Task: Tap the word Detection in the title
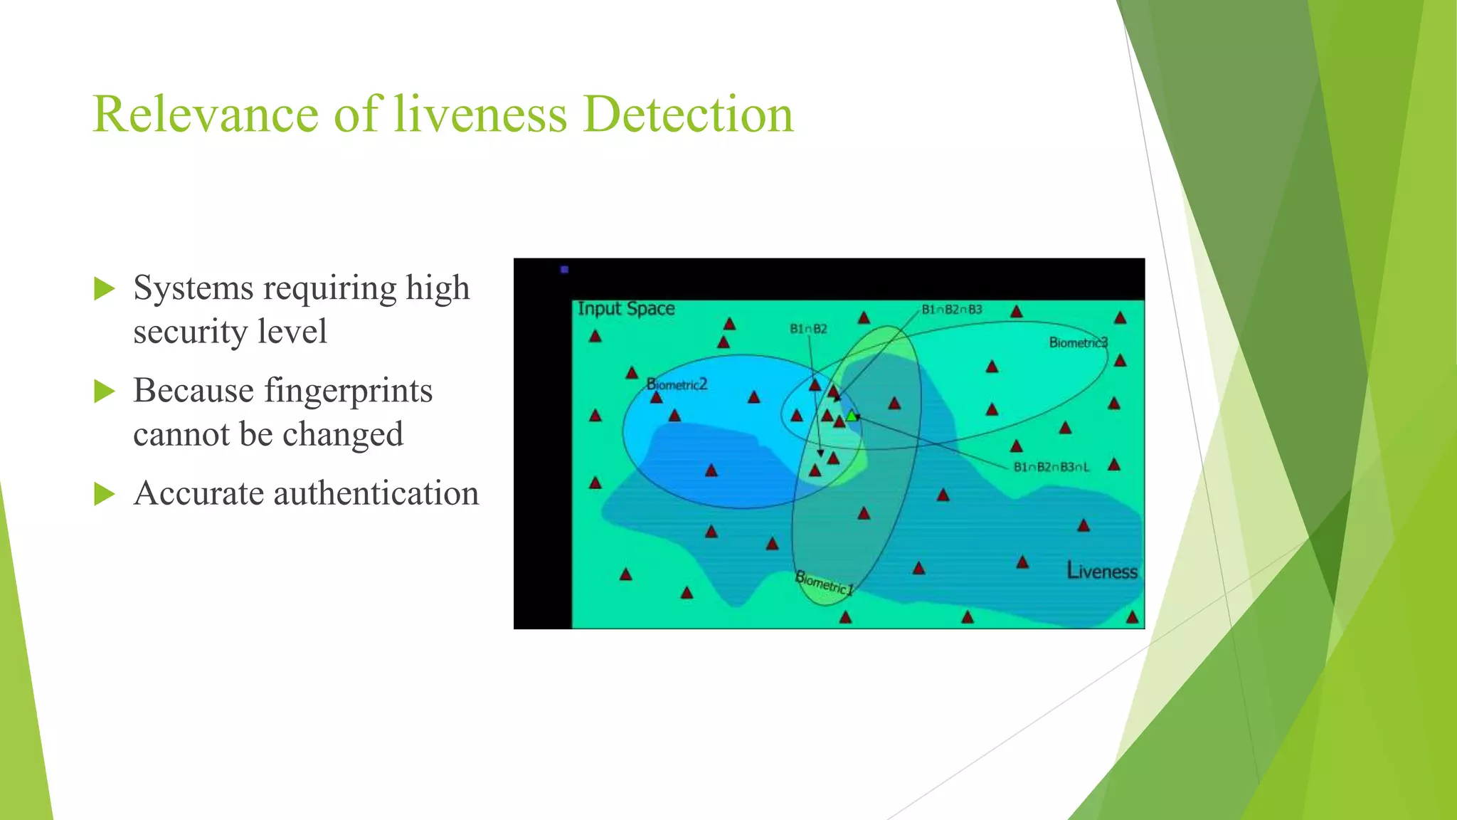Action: pyautogui.click(x=687, y=114)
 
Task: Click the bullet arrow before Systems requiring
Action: pyautogui.click(x=104, y=289)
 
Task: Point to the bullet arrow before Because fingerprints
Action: pyautogui.click(x=104, y=391)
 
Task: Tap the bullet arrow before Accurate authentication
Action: pyautogui.click(x=104, y=494)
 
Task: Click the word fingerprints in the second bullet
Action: pyautogui.click(x=348, y=391)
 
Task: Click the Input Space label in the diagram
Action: pyautogui.click(x=626, y=309)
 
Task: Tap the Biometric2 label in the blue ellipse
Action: pyautogui.click(x=677, y=384)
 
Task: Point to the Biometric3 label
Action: pyautogui.click(x=1078, y=342)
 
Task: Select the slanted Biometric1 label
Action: pyautogui.click(x=823, y=583)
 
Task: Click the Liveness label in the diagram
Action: pyautogui.click(x=1101, y=572)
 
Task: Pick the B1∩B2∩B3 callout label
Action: pyautogui.click(x=951, y=310)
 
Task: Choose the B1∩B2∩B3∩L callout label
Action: pyautogui.click(x=1051, y=468)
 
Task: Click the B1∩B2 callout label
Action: pyautogui.click(x=808, y=329)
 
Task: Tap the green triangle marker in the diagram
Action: pyautogui.click(x=851, y=416)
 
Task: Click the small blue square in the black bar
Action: pyautogui.click(x=565, y=270)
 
